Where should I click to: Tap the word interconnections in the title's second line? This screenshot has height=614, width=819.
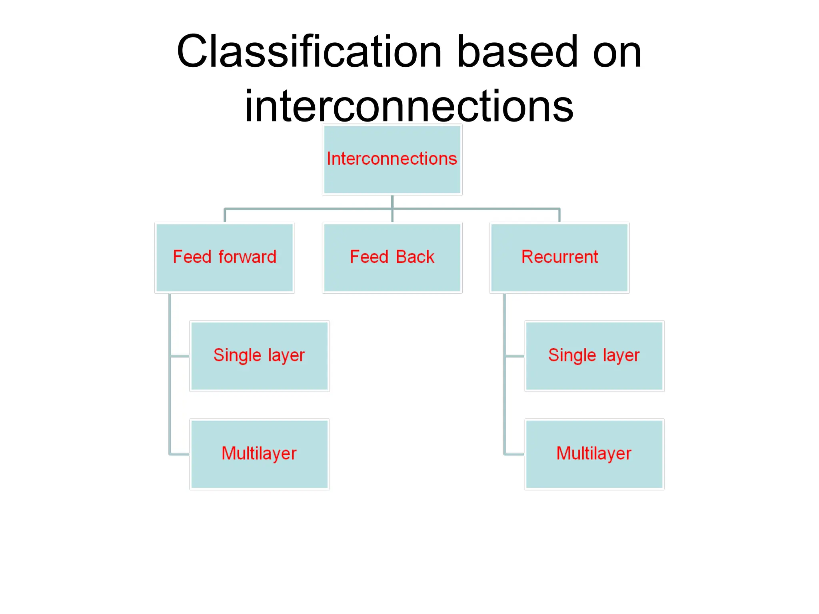coord(409,106)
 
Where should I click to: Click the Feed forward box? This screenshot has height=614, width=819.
coord(224,258)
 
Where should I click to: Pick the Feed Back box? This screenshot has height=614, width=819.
coord(392,258)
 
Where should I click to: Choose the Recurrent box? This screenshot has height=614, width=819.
coord(559,258)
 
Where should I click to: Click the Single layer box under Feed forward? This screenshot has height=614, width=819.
coord(259,356)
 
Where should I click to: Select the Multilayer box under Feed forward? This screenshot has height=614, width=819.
coord(259,454)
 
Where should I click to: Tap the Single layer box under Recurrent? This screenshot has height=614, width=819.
coord(594,356)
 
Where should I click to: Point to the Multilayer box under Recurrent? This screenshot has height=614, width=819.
coord(594,454)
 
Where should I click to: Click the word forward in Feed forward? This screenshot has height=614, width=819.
coord(247,257)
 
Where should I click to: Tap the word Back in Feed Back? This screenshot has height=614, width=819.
coord(415,257)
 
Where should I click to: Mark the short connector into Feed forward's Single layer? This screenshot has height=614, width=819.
coord(180,356)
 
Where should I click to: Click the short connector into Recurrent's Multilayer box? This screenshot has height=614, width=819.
coord(514,454)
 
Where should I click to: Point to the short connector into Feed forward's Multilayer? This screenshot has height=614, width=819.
coord(180,454)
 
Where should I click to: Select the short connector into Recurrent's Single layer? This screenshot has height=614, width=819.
coord(514,356)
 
